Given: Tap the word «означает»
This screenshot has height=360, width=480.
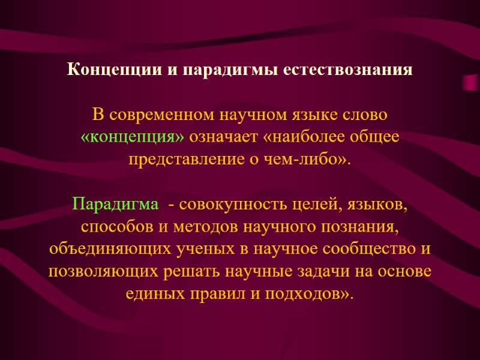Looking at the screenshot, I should tap(224, 137).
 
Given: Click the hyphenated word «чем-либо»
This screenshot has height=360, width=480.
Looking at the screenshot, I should tap(317, 160).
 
